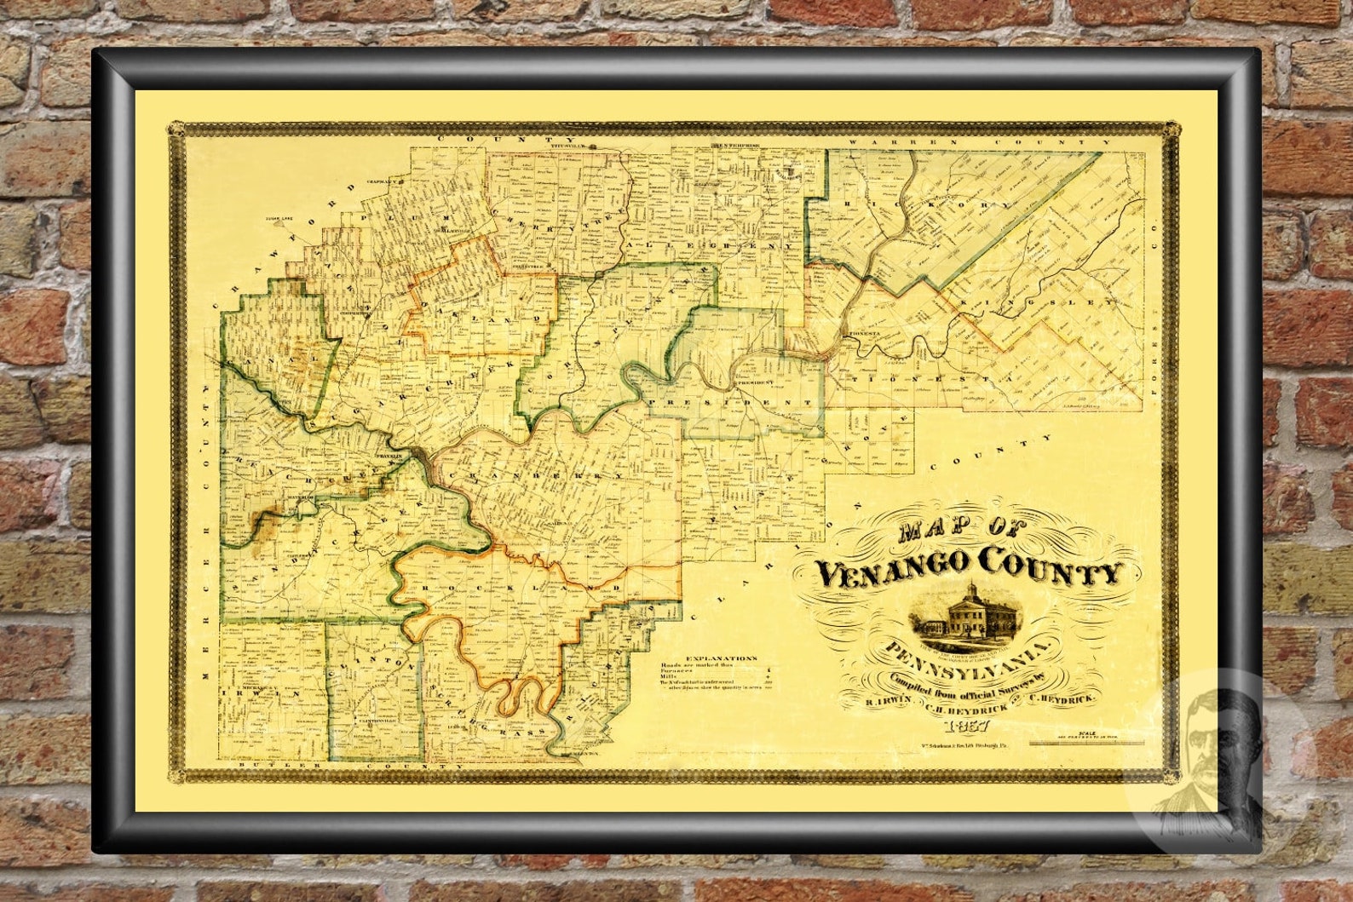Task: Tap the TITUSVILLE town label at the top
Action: click(575, 146)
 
